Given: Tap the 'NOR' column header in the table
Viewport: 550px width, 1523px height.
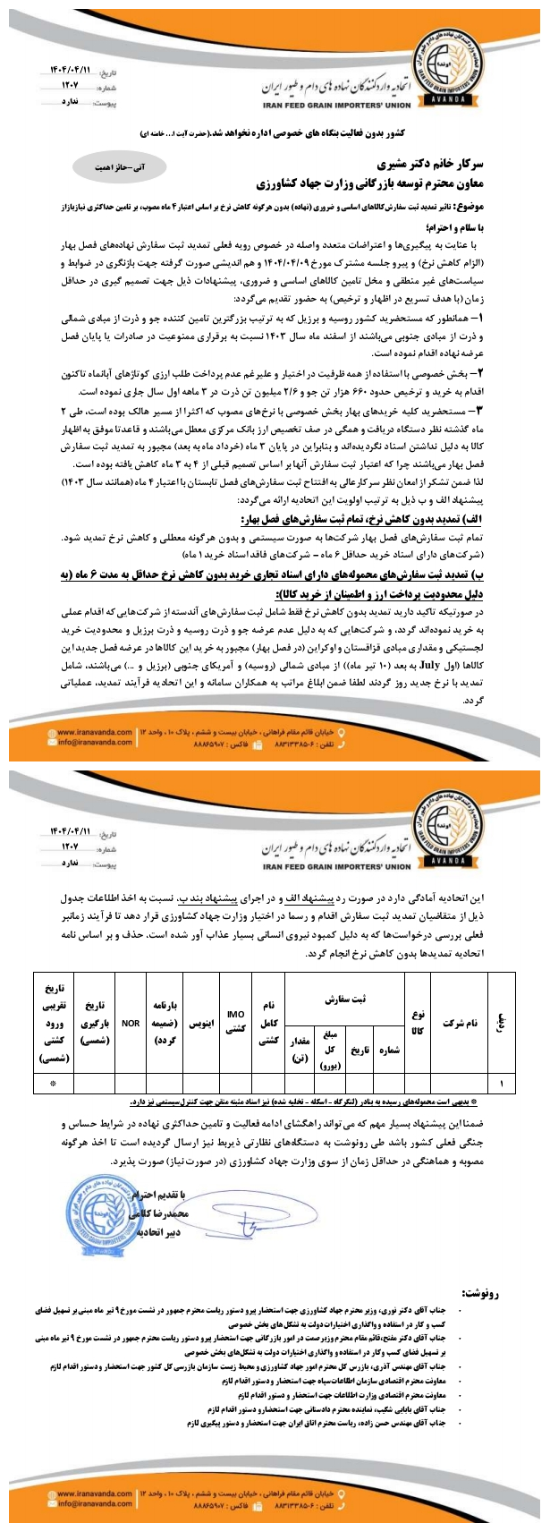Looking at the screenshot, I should [131, 1022].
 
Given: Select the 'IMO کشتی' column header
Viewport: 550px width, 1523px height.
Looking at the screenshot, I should [236, 1022].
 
